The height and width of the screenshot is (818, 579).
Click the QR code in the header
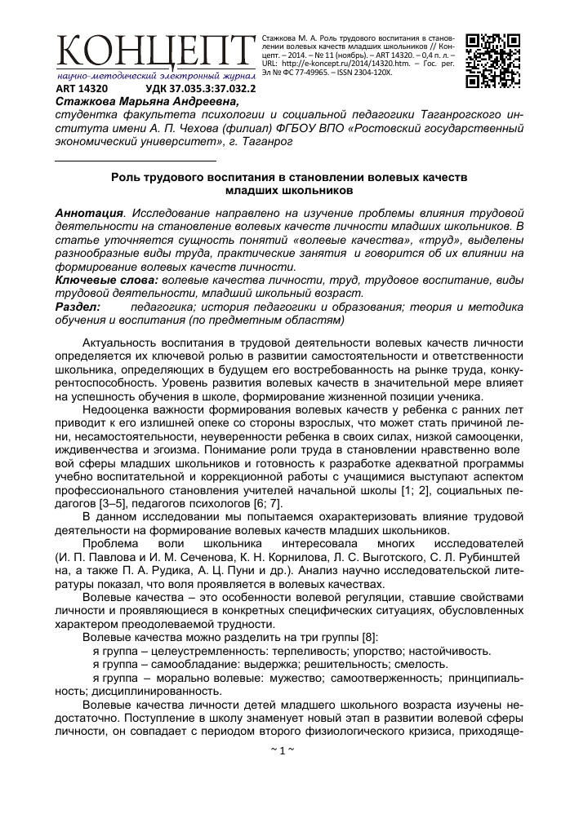click(492, 60)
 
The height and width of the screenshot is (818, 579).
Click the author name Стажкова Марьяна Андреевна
click(147, 102)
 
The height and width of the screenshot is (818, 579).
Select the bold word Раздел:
click(78, 306)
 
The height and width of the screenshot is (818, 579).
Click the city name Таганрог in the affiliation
click(265, 141)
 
